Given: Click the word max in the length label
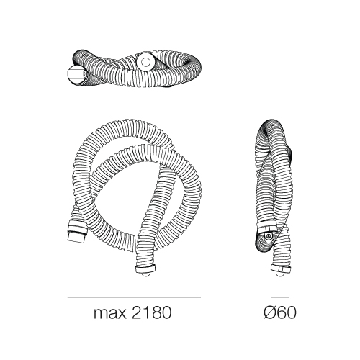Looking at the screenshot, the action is point(109,314).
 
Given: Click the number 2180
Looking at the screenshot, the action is point(152,312).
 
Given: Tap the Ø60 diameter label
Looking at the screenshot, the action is point(280,312).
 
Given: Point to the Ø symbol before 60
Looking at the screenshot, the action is point(269,312).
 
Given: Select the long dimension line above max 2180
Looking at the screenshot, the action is point(134,298).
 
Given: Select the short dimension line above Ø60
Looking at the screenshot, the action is point(280,298).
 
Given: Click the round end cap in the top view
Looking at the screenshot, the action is point(145,62).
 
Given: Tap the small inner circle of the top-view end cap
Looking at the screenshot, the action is point(145,62).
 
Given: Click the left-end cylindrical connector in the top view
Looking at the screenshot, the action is point(76,74).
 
